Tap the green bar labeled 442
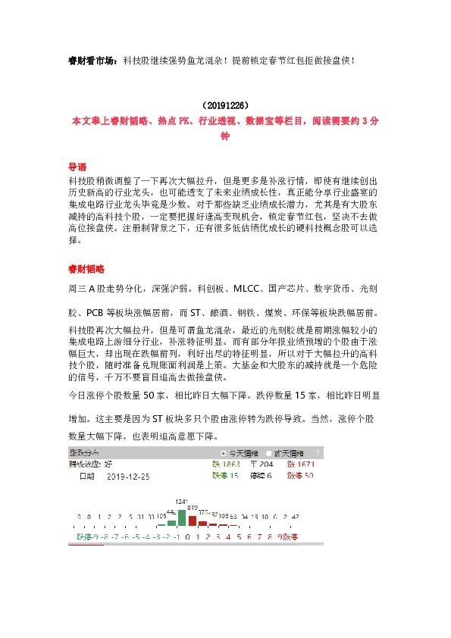(x=171, y=521)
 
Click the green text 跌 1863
(x=225, y=464)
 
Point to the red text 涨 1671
(x=299, y=464)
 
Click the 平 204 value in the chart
(x=262, y=464)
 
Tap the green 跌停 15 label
(x=225, y=476)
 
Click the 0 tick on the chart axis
(x=186, y=537)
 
